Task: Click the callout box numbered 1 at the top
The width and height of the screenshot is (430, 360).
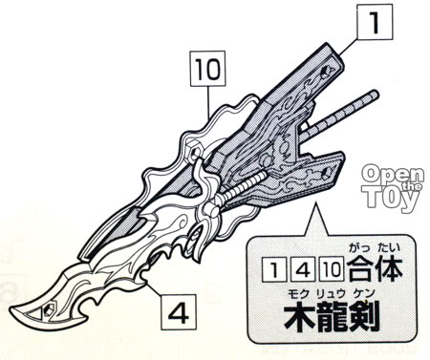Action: tap(375, 22)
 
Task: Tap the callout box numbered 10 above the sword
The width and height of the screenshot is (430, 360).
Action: tap(207, 69)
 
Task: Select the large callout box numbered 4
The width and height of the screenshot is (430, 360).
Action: tap(179, 312)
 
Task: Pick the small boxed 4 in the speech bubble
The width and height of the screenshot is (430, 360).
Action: tap(303, 270)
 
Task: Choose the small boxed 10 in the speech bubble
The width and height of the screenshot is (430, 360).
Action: tap(332, 270)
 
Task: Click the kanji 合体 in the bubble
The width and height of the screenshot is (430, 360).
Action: tap(375, 270)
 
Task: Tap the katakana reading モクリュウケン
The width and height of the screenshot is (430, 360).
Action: tap(331, 293)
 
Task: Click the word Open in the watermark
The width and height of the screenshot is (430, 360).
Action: tap(393, 174)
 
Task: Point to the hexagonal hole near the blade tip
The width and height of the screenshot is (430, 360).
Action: tap(49, 307)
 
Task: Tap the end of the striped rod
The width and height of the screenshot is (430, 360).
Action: tap(376, 95)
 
